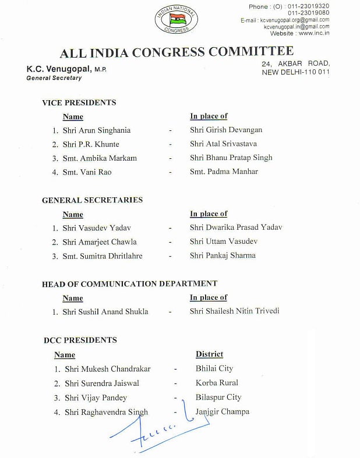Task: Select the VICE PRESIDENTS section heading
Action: pos(79,102)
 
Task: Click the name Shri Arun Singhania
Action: pos(96,130)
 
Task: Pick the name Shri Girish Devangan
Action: pos(226,130)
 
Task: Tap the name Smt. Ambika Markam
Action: pos(99,158)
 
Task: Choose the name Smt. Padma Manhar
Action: pos(224,172)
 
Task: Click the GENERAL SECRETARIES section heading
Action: pos(92,200)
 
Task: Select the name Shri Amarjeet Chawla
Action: pos(98,242)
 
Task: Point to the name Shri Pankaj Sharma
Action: pos(223,255)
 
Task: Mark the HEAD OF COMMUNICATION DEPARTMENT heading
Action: pos(129,284)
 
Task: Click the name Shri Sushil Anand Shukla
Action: pos(105,312)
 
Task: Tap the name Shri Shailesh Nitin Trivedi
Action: pos(234,311)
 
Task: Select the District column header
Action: pos(209,354)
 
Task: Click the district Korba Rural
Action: pos(217,383)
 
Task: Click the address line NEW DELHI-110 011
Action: pos(295,72)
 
